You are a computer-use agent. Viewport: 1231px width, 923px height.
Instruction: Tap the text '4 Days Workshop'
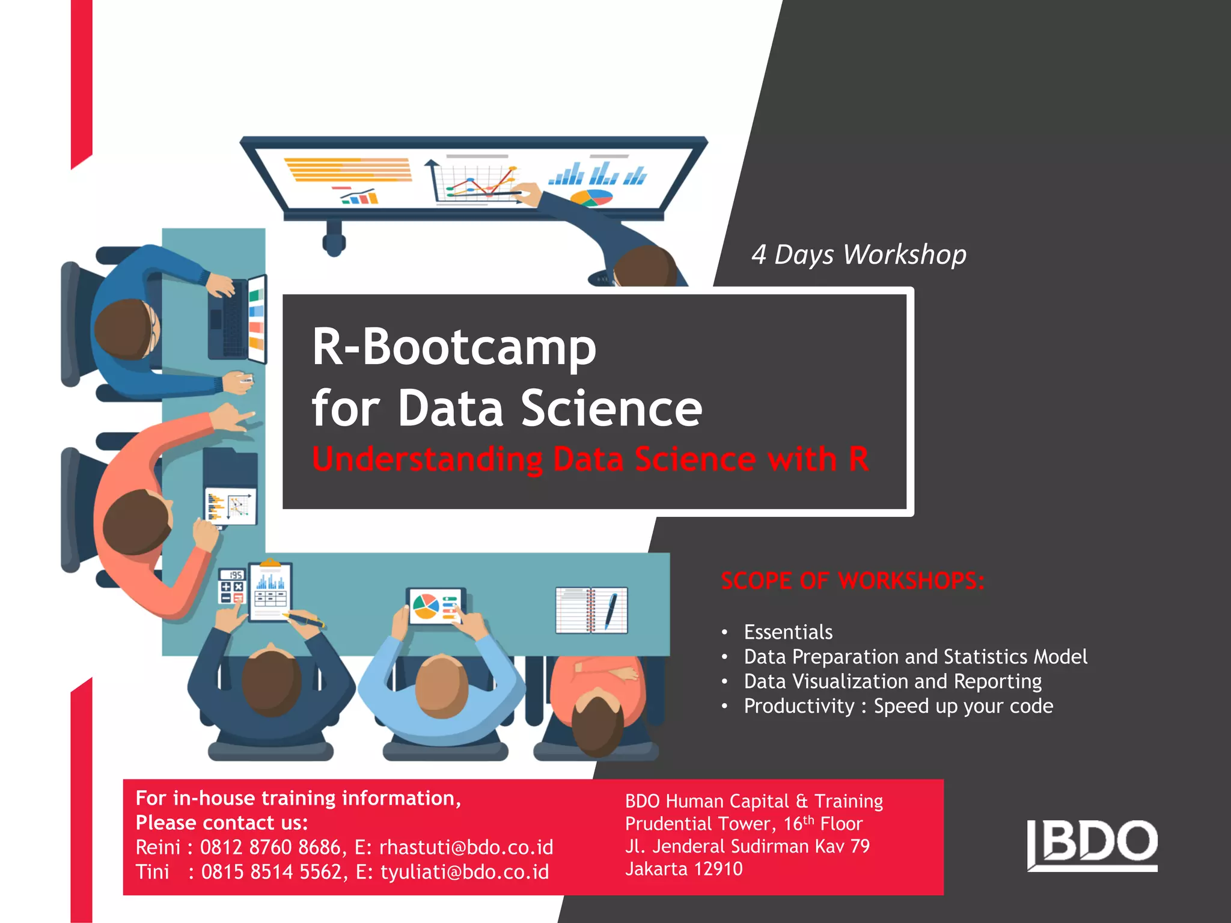click(x=858, y=255)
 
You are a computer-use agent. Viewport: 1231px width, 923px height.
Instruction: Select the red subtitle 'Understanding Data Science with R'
click(x=590, y=459)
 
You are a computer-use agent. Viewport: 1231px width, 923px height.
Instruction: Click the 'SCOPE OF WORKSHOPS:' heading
click(x=852, y=580)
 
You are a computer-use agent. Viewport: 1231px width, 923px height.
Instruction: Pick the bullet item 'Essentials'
click(x=788, y=632)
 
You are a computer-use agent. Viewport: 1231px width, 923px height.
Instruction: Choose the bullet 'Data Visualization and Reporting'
click(x=893, y=681)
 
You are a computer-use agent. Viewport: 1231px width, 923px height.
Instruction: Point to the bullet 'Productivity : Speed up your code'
click(x=898, y=706)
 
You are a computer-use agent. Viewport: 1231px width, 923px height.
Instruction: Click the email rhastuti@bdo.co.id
click(x=466, y=847)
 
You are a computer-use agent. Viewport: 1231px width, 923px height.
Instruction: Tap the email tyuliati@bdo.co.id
click(x=464, y=872)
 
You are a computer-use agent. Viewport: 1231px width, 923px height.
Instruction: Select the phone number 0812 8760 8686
click(x=270, y=847)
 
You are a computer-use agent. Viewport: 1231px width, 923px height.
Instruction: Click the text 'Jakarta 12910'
click(x=683, y=869)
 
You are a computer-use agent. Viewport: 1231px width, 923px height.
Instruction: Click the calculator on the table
click(x=231, y=586)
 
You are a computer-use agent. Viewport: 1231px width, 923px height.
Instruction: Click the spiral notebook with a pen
click(x=591, y=611)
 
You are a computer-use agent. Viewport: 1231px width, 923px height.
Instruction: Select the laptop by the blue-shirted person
click(x=238, y=320)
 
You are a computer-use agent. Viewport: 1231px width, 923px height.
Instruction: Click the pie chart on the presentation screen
click(x=591, y=196)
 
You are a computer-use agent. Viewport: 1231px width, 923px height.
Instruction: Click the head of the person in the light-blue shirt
click(x=442, y=685)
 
